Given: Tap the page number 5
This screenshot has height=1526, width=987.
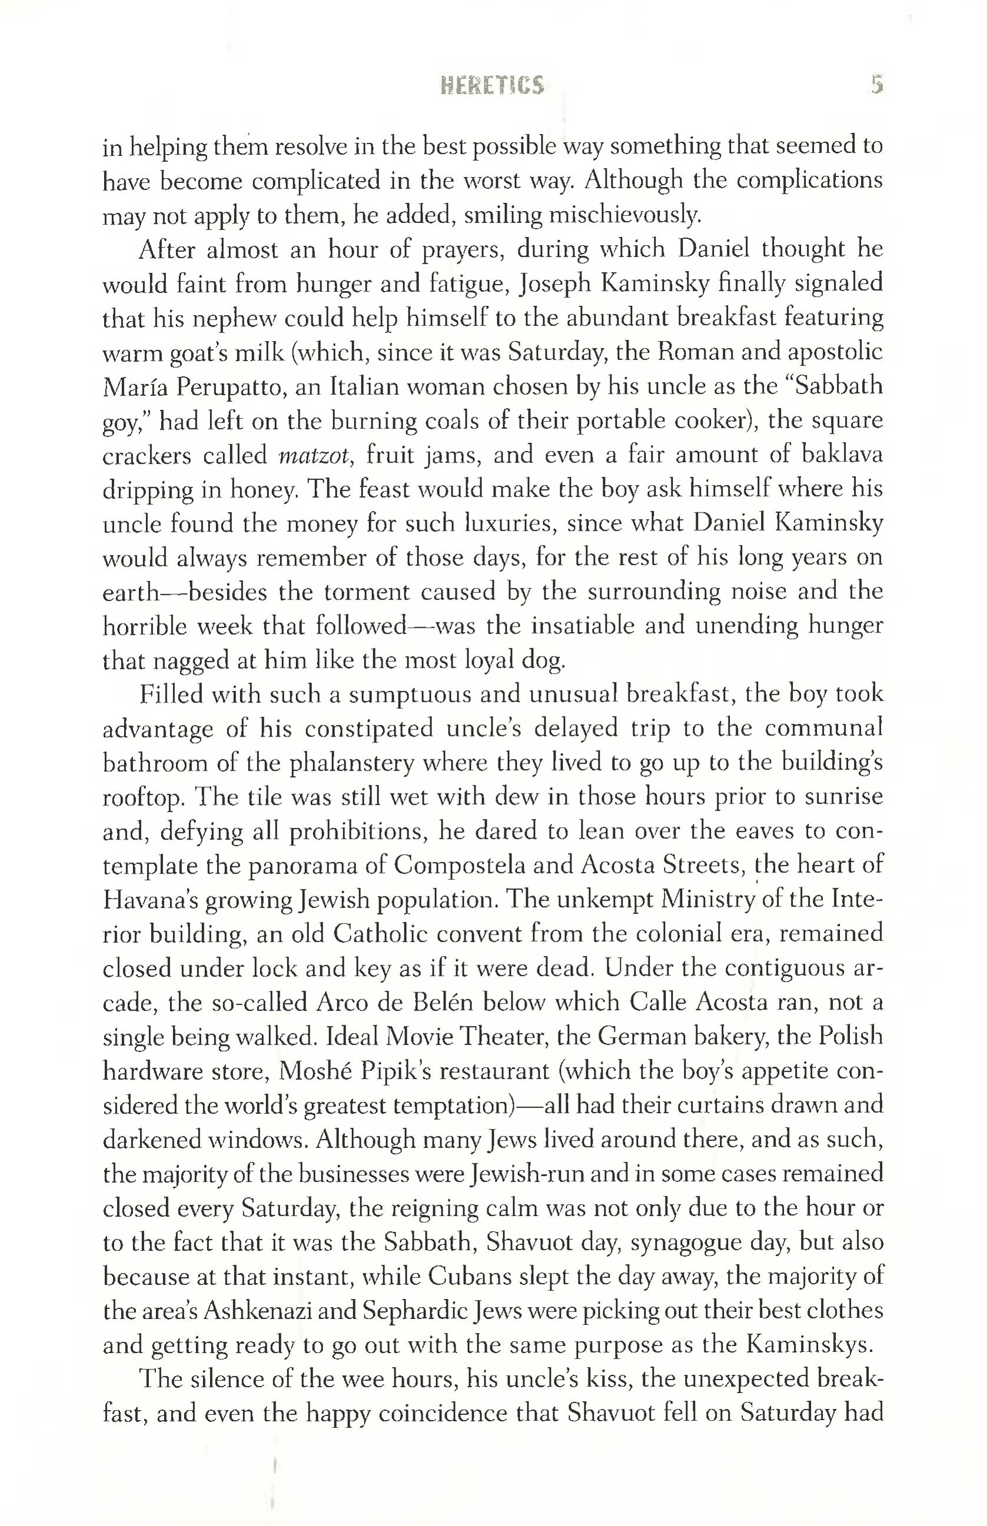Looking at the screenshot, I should pos(878,85).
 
